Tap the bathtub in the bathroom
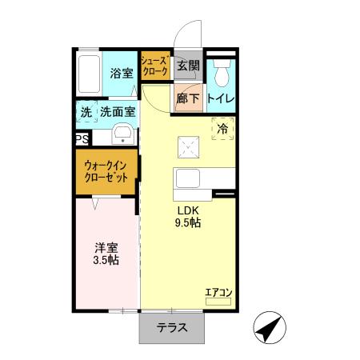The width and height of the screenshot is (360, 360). pos(90,74)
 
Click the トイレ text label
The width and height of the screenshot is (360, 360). pos(220,98)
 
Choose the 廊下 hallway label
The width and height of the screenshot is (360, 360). pos(188,98)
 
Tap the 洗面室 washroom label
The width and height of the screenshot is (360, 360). pos(117,113)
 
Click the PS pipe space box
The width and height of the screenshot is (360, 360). pos(82,139)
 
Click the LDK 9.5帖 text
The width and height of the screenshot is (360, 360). pos(189,217)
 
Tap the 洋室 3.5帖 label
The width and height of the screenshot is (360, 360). pos(104,254)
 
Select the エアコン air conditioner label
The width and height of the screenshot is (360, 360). pos(218,293)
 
